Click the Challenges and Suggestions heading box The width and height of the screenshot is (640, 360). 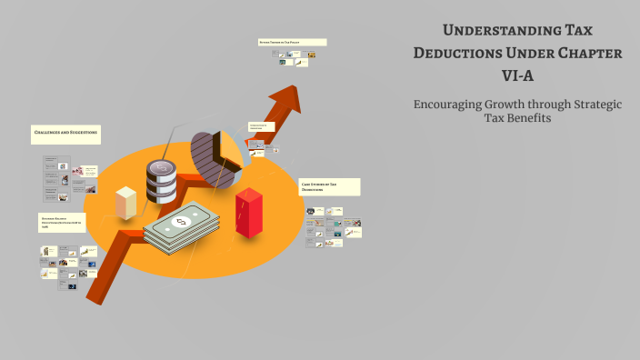[x=65, y=134]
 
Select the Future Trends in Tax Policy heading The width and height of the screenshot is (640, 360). [x=292, y=42]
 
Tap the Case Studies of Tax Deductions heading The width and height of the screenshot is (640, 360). [x=330, y=186]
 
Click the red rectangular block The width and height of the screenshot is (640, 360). [x=248, y=213]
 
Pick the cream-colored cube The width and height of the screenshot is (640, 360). [x=126, y=201]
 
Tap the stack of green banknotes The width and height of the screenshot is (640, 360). [x=182, y=227]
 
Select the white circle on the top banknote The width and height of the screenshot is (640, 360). [x=180, y=221]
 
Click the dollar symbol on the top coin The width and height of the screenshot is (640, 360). [x=162, y=167]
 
